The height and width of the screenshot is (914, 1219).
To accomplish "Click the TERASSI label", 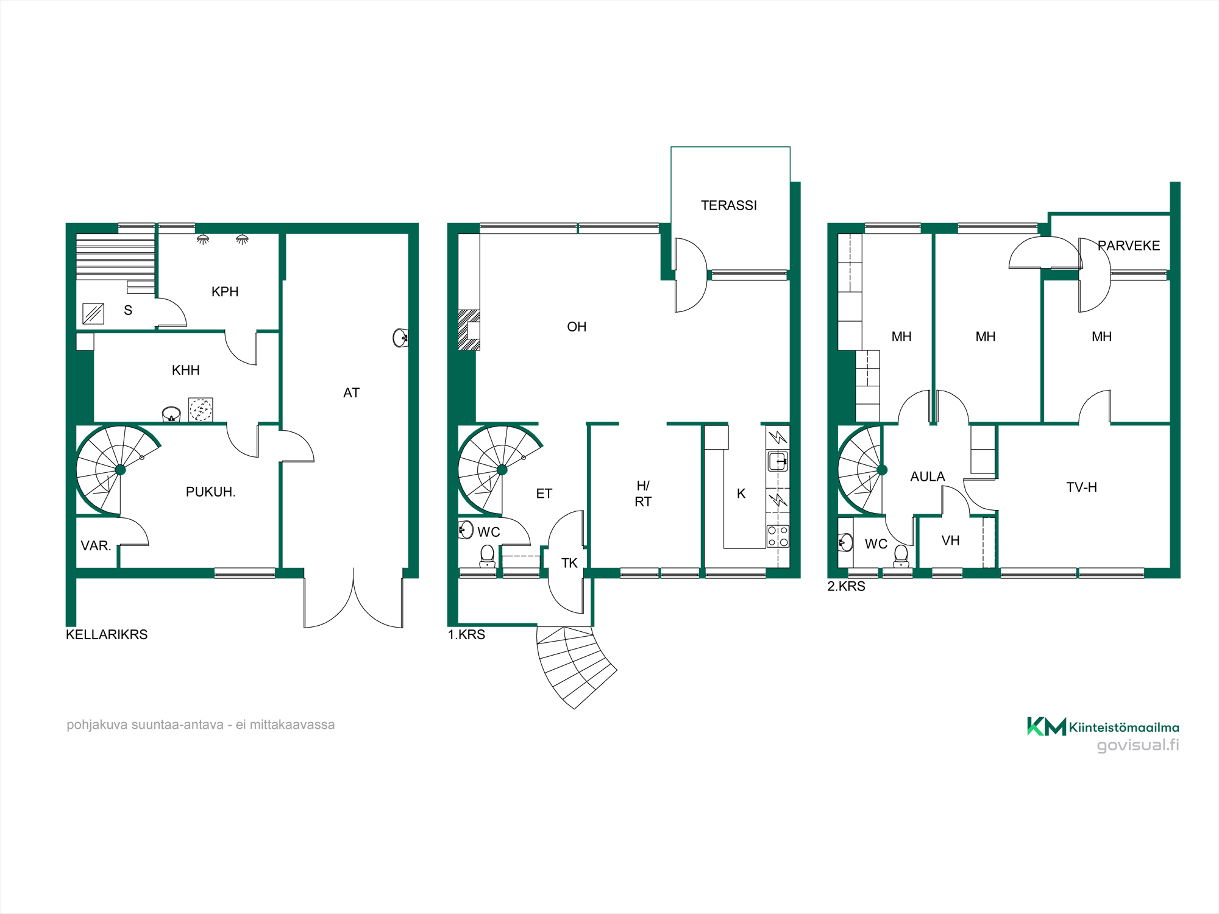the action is click(x=729, y=205).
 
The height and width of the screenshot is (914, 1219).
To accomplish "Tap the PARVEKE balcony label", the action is click(x=1129, y=246).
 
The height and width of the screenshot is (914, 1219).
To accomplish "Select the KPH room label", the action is click(x=225, y=291).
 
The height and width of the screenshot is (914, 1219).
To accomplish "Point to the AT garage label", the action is click(x=352, y=393).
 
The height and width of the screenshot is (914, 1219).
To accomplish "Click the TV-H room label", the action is click(x=1082, y=487).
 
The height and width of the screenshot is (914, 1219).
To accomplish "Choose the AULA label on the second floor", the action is click(x=928, y=476).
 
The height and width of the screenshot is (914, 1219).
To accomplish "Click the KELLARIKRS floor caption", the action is click(x=107, y=634).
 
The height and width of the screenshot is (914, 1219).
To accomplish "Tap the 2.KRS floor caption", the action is click(x=846, y=586).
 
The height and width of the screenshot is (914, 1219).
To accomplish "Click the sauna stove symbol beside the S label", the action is click(x=93, y=314).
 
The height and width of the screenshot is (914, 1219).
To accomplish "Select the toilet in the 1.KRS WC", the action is click(x=488, y=556).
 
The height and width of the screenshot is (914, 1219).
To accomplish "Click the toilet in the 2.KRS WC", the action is click(x=901, y=556).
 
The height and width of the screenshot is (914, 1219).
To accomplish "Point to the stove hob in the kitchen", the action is click(x=778, y=536).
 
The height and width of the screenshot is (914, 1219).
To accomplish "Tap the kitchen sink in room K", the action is click(x=778, y=461).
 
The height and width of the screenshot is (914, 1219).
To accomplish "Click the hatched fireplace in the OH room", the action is click(x=469, y=330).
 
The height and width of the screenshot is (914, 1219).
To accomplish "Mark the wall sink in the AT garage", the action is click(x=400, y=338).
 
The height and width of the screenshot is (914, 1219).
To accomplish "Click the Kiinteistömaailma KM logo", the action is click(x=1047, y=726).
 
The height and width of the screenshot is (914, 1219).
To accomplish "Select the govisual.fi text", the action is click(x=1138, y=745).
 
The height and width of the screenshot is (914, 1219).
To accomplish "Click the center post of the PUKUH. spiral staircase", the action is click(x=120, y=470).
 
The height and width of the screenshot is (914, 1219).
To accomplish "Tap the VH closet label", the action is click(x=950, y=540).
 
